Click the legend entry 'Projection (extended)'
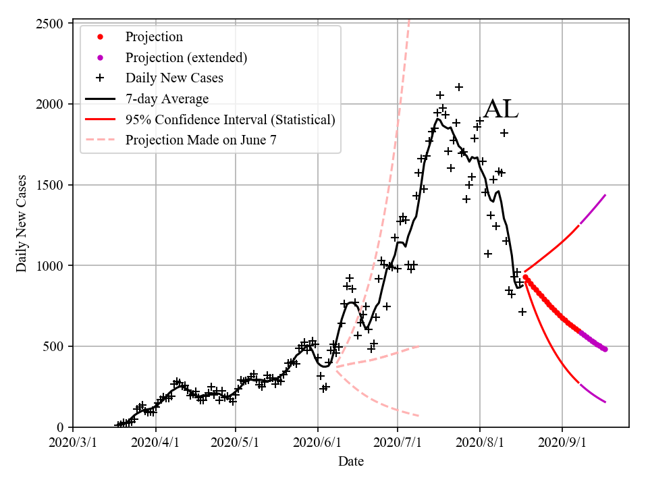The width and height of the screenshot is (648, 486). [186, 57]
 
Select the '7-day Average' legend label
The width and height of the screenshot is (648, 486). [167, 99]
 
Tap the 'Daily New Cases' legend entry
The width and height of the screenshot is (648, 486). [173, 78]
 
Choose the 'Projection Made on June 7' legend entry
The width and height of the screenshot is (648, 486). [200, 140]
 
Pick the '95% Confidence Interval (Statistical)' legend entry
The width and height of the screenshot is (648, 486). [230, 119]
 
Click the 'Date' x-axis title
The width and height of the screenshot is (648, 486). [351, 462]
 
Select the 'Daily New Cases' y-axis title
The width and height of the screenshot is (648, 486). [22, 223]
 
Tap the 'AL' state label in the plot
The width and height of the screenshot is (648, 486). [501, 109]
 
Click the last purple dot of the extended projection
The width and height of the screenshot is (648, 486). [605, 349]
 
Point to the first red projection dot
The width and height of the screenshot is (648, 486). [525, 277]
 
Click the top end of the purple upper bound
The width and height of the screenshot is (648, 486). [605, 195]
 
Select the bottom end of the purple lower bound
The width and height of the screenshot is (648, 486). [605, 402]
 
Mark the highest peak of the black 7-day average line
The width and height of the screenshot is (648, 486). [437, 119]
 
